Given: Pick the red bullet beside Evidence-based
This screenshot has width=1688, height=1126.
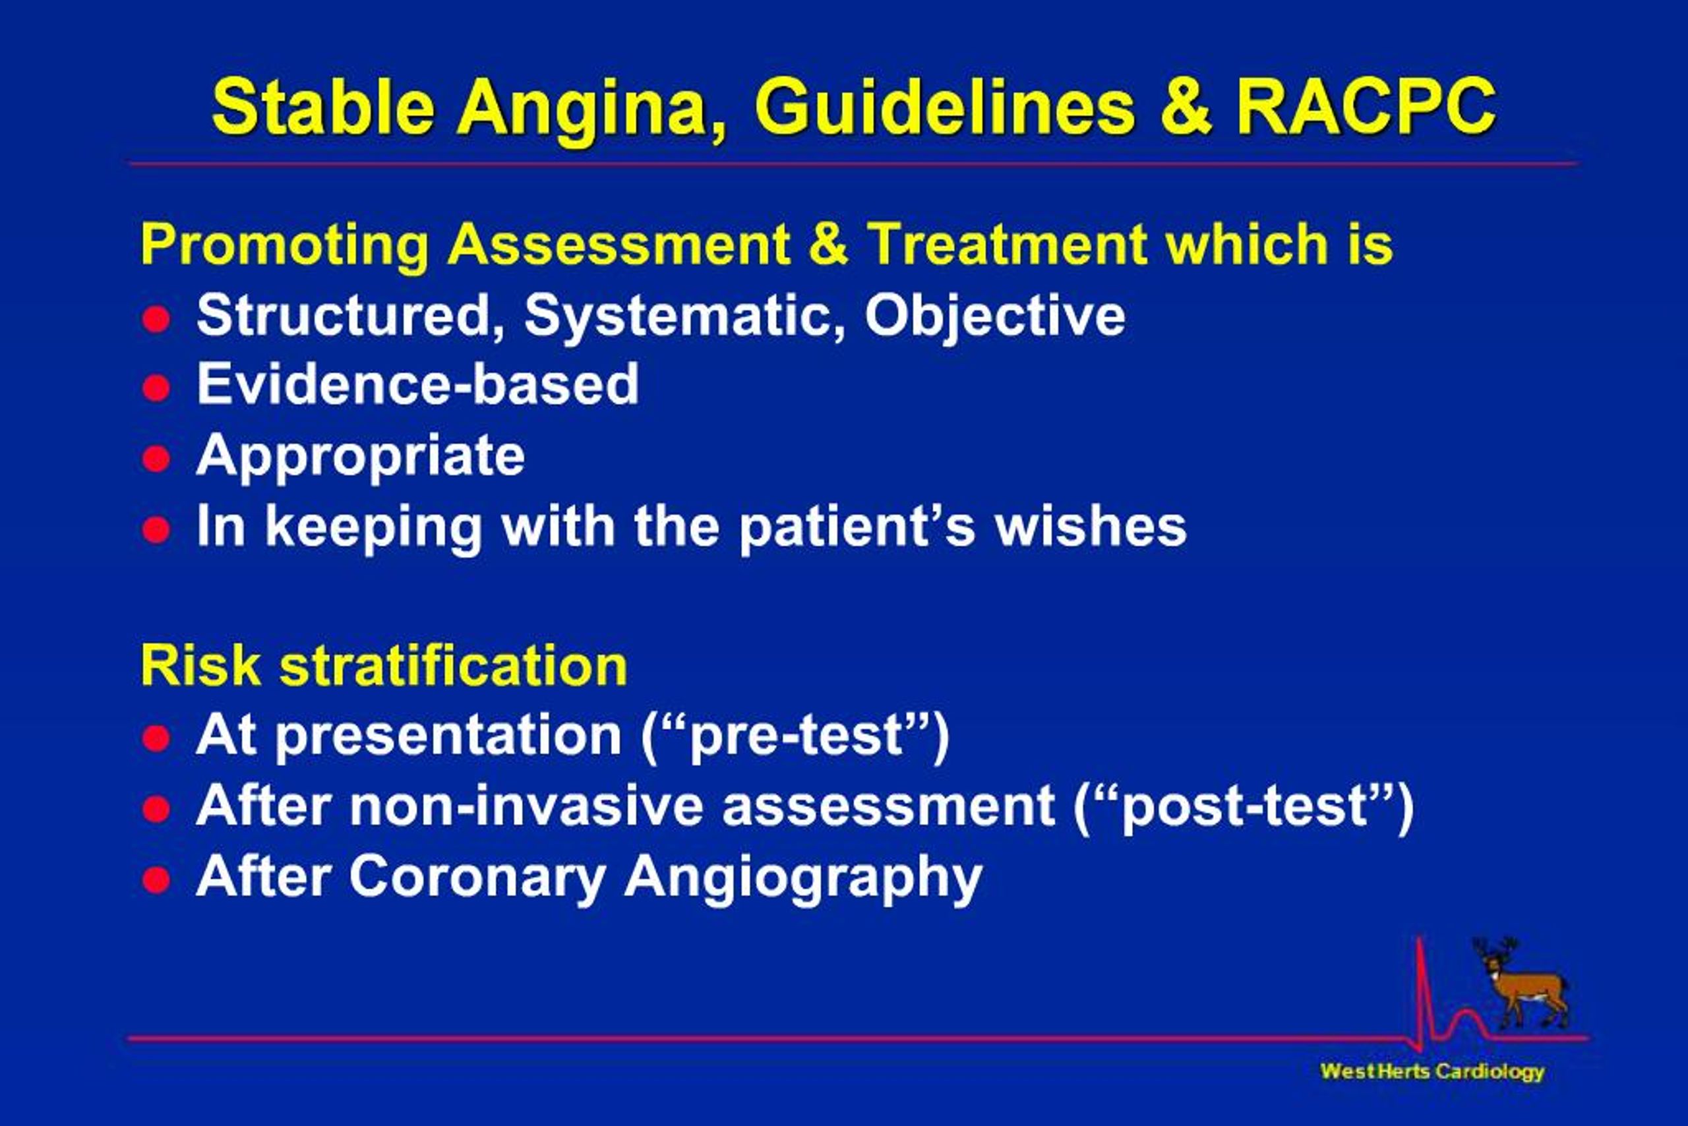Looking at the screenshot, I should (156, 388).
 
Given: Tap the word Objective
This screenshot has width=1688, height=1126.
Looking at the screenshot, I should (995, 316).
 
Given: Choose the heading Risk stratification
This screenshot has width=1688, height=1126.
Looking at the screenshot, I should (384, 666).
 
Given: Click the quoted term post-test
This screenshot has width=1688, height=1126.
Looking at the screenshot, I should (1244, 806).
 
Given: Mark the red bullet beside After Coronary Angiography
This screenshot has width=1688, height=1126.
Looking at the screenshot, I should (156, 879).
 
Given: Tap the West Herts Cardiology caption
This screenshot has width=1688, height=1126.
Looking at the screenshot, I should (1432, 1071).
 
